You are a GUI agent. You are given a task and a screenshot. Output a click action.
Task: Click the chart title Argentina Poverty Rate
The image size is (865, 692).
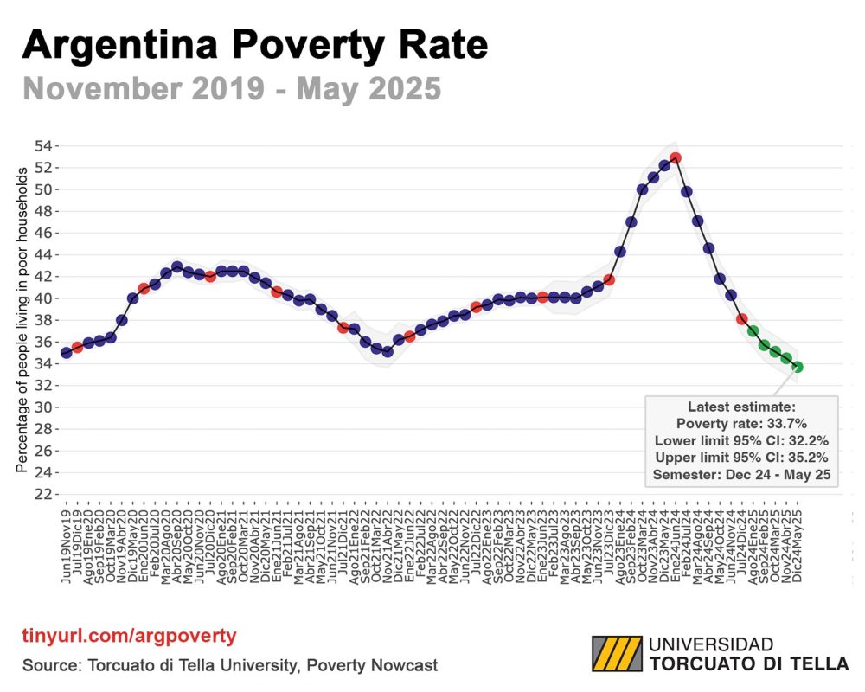pos(255,44)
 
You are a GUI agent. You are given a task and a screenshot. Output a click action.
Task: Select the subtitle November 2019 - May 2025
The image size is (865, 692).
pos(232,88)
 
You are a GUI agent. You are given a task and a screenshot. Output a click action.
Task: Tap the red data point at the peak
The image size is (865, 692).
pos(676,157)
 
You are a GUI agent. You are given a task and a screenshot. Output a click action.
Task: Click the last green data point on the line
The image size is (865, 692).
pos(798,367)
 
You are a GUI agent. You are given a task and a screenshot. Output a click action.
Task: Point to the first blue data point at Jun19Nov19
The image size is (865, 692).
pos(67,353)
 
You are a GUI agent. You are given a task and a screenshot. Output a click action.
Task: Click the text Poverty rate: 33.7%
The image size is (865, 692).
pos(741,424)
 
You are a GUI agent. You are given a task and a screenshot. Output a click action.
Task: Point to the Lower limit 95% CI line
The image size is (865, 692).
pos(741,440)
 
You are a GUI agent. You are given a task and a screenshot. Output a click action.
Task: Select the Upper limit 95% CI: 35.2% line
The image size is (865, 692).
pos(741,457)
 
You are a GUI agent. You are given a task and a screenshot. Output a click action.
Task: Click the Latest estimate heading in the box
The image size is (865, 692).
pos(741,407)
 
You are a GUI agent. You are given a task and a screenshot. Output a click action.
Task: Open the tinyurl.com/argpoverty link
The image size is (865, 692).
pos(129,637)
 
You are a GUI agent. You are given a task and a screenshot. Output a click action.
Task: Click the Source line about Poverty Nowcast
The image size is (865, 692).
pos(230,665)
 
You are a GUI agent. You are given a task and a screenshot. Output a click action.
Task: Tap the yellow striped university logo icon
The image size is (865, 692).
pos(617,654)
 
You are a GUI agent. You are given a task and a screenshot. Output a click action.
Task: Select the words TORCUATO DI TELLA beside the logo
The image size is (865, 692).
pos(748,664)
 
